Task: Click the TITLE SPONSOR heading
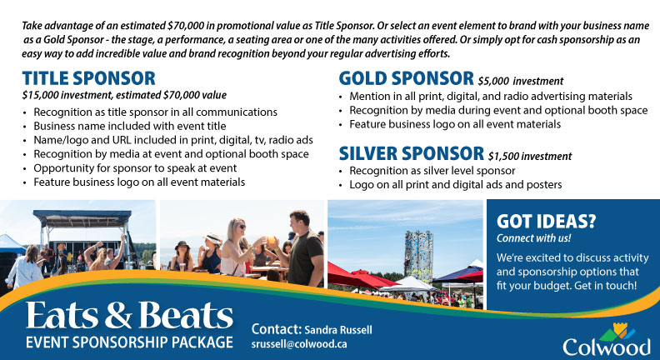tap(89, 78)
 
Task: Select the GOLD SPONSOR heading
tap(406, 78)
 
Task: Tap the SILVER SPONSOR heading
tap(411, 153)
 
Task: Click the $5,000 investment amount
tap(520, 81)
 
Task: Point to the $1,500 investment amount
tap(530, 156)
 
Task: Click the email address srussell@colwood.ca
tap(299, 343)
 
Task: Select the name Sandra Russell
tap(338, 330)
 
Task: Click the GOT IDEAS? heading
tap(546, 222)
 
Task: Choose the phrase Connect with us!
tap(533, 237)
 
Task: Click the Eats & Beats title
tap(129, 315)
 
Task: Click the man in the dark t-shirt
tap(304, 249)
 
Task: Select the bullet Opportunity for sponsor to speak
tap(135, 168)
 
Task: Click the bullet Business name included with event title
tap(130, 126)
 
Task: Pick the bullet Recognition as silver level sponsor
tap(432, 171)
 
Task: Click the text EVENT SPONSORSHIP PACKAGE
tap(129, 342)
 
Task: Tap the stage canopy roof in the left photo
tap(82, 218)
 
